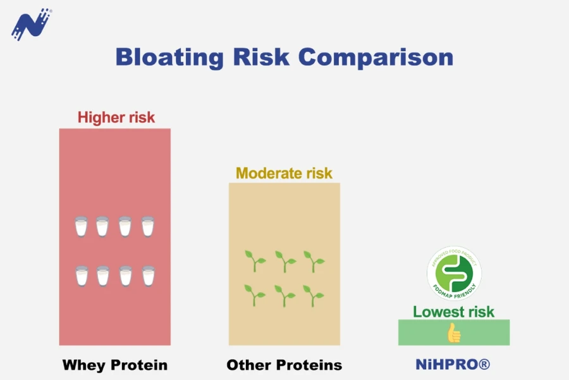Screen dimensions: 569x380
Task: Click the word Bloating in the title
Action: (x=169, y=58)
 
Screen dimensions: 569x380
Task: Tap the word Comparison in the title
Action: (x=376, y=58)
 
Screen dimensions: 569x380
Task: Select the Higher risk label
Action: (x=116, y=117)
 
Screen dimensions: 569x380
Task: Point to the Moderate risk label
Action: (x=284, y=173)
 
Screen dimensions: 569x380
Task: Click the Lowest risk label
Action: (x=453, y=312)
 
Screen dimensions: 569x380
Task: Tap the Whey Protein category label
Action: (x=115, y=365)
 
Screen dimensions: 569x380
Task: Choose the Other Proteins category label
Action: (x=284, y=365)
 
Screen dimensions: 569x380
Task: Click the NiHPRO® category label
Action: (x=453, y=364)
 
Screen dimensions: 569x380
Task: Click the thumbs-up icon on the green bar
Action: (x=453, y=332)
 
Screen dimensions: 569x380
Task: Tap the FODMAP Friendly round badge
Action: (x=454, y=273)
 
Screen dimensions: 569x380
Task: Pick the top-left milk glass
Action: (x=81, y=226)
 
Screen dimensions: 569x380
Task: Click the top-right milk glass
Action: (x=148, y=226)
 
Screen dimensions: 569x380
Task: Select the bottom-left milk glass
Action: (x=82, y=275)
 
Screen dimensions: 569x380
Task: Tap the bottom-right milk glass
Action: (x=149, y=275)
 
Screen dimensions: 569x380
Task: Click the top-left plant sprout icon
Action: (x=255, y=261)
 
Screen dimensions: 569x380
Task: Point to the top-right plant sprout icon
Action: (x=314, y=261)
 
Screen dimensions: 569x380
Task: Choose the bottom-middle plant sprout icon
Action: (x=284, y=296)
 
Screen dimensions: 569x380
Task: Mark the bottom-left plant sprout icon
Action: (x=255, y=295)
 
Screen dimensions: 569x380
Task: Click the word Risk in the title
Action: (x=261, y=57)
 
